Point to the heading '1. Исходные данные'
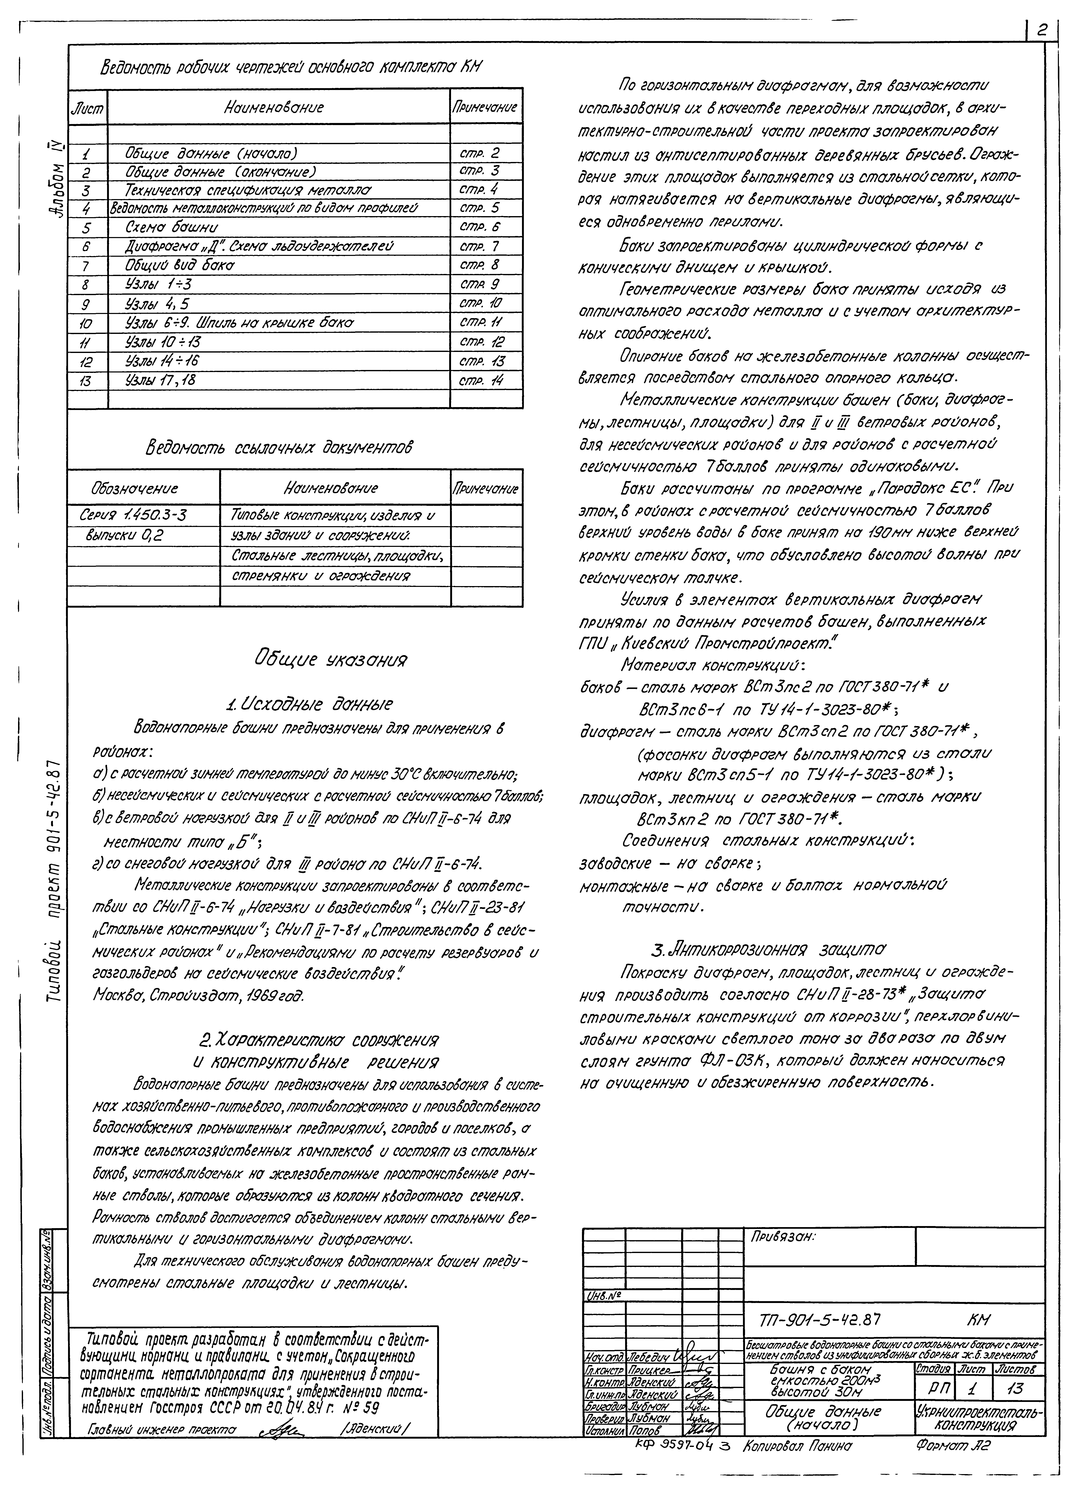pyautogui.click(x=308, y=704)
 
